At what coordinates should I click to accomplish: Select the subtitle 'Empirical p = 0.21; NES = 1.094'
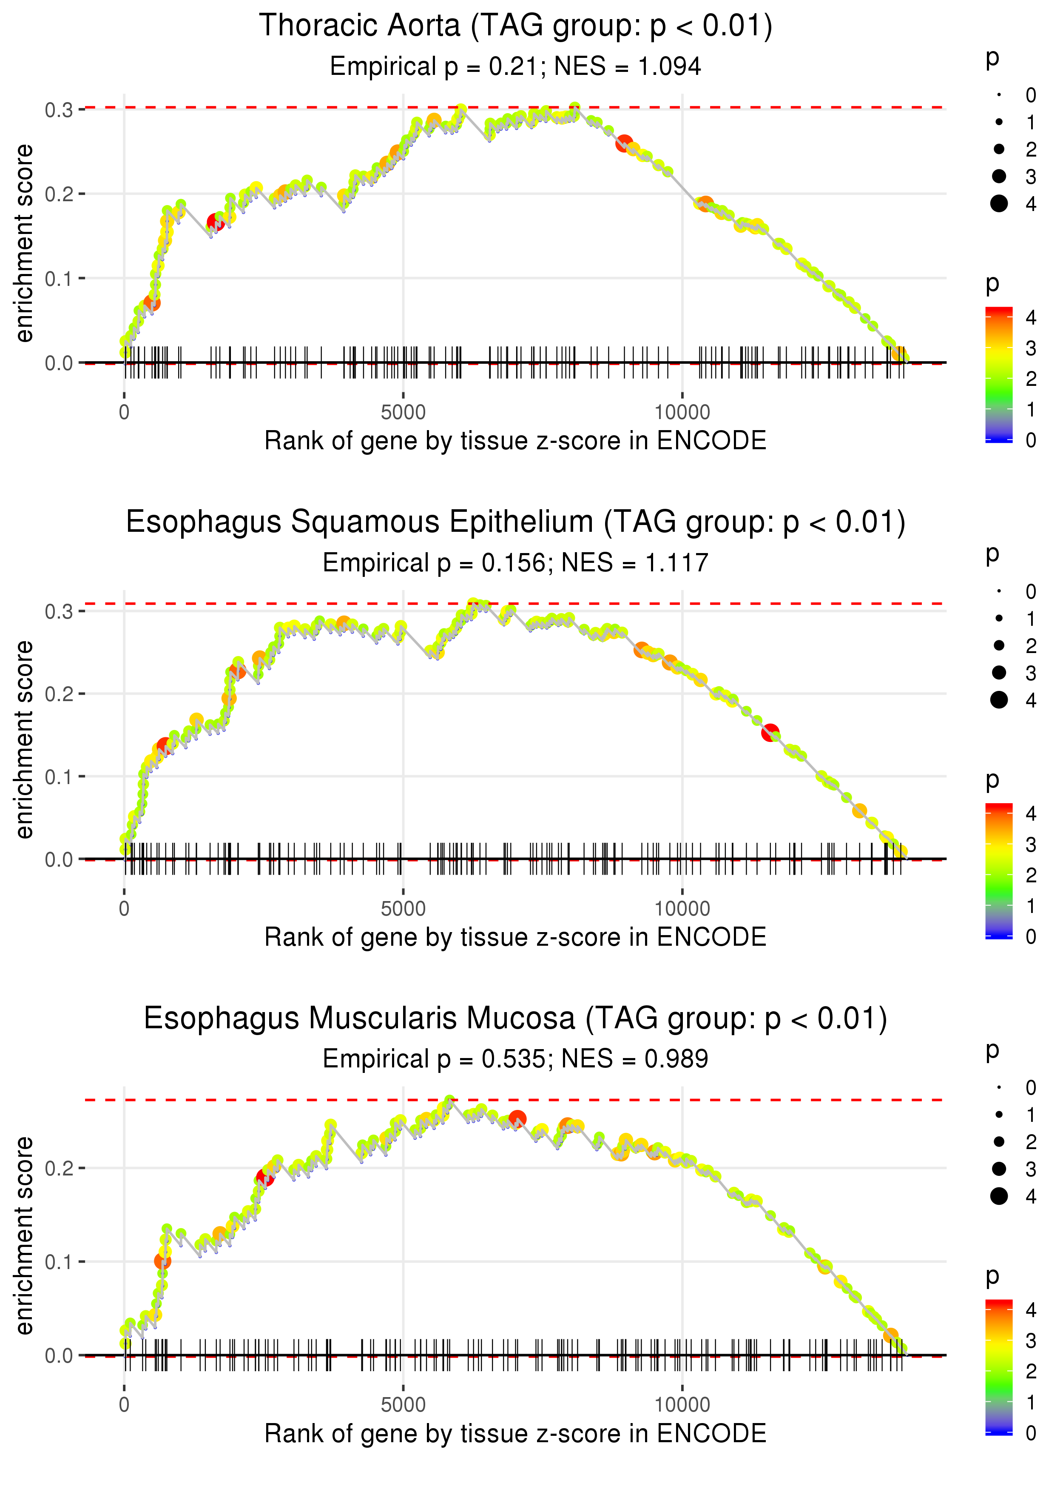coord(516,66)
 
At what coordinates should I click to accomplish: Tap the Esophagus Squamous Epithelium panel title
coord(516,522)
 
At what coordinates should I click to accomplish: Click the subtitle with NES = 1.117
coord(516,562)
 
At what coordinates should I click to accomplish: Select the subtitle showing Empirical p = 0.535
coord(516,1059)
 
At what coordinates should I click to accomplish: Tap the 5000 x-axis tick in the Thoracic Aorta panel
coord(403,413)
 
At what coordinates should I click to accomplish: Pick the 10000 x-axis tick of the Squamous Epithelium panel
coord(682,909)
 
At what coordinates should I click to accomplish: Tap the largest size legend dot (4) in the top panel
coord(999,204)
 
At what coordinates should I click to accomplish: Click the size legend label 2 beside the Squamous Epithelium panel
coord(1031,646)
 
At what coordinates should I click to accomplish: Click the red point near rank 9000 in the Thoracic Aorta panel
coord(624,143)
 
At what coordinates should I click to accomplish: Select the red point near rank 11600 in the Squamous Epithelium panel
coord(770,732)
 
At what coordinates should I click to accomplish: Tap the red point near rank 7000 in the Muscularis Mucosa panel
coord(517,1119)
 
